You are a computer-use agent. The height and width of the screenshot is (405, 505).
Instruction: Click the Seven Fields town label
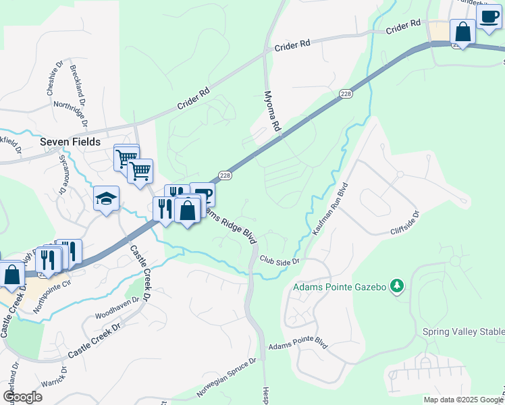click(x=70, y=142)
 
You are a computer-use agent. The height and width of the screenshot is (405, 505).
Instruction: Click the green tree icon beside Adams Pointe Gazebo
click(x=398, y=287)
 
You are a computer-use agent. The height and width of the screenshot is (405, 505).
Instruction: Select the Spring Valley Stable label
click(x=463, y=331)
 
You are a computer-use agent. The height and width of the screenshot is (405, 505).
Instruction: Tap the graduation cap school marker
click(x=106, y=198)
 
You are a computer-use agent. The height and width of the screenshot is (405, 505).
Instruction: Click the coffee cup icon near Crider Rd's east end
click(x=488, y=17)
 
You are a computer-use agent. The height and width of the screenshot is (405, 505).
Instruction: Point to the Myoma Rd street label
click(x=272, y=111)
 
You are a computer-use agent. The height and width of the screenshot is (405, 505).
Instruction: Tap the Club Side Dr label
click(x=279, y=260)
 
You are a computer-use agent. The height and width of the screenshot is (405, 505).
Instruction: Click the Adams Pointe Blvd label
click(x=298, y=345)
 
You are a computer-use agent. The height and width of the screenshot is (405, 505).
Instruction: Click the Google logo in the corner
click(x=22, y=396)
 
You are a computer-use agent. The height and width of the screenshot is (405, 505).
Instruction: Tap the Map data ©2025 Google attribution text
click(x=463, y=400)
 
